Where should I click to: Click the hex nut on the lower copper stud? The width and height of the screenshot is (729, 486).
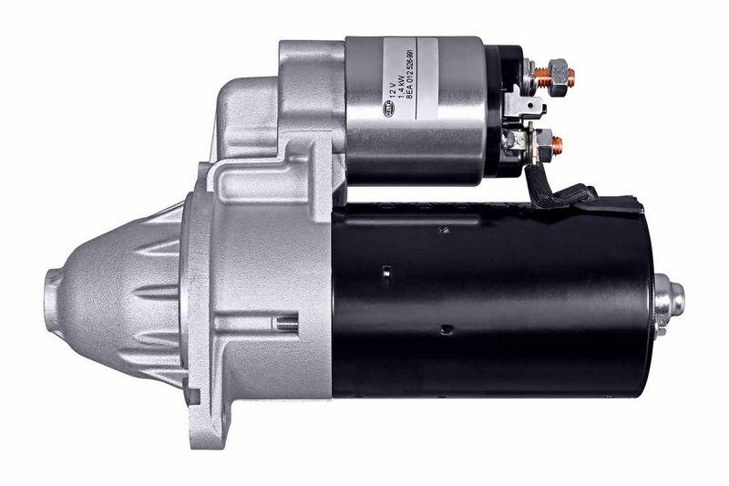pos(543,142)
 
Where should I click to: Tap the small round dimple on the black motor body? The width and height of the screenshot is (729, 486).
pos(443,329)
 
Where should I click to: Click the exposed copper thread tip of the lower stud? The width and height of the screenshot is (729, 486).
pos(559,143)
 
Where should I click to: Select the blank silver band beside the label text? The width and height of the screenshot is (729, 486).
pos(456,109)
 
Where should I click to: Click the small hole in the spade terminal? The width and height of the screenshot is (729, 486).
pos(537,109)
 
